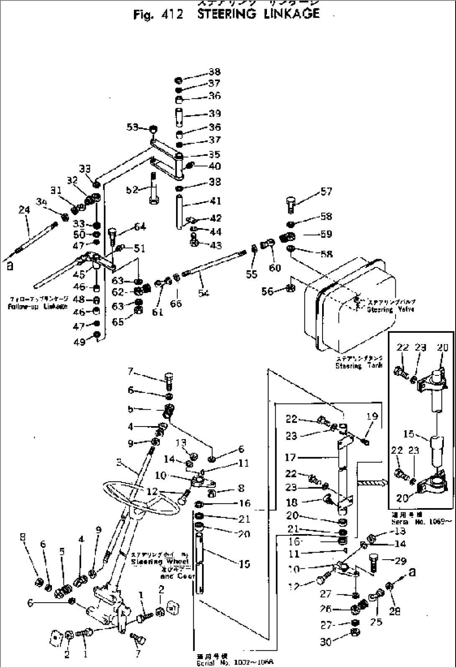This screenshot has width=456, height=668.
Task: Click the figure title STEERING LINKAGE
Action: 258,14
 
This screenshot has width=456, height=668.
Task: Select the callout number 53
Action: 132,126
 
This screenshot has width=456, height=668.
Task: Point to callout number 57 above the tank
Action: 326,192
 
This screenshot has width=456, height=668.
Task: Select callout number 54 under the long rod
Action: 203,293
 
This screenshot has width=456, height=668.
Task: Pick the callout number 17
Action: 290,457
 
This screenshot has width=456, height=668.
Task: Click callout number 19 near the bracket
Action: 372,416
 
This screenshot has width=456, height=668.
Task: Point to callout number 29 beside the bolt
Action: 400,560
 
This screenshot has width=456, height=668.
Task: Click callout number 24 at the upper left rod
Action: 24,210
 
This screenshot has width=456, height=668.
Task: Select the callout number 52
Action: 132,190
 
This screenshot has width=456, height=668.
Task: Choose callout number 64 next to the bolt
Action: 140,227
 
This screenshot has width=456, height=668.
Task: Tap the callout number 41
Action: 215,201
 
